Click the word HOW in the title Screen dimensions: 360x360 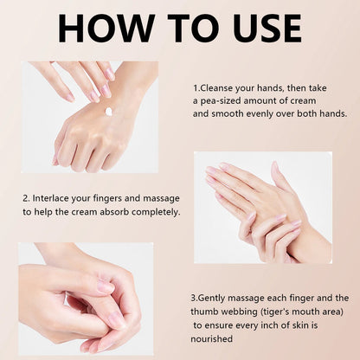point(106,29)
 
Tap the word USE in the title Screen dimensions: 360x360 point(267,29)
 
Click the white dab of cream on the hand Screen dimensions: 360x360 point(109,112)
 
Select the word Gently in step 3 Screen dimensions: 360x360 point(212,299)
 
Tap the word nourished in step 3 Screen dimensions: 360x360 point(211,338)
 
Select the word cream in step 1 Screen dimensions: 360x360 point(303,101)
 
